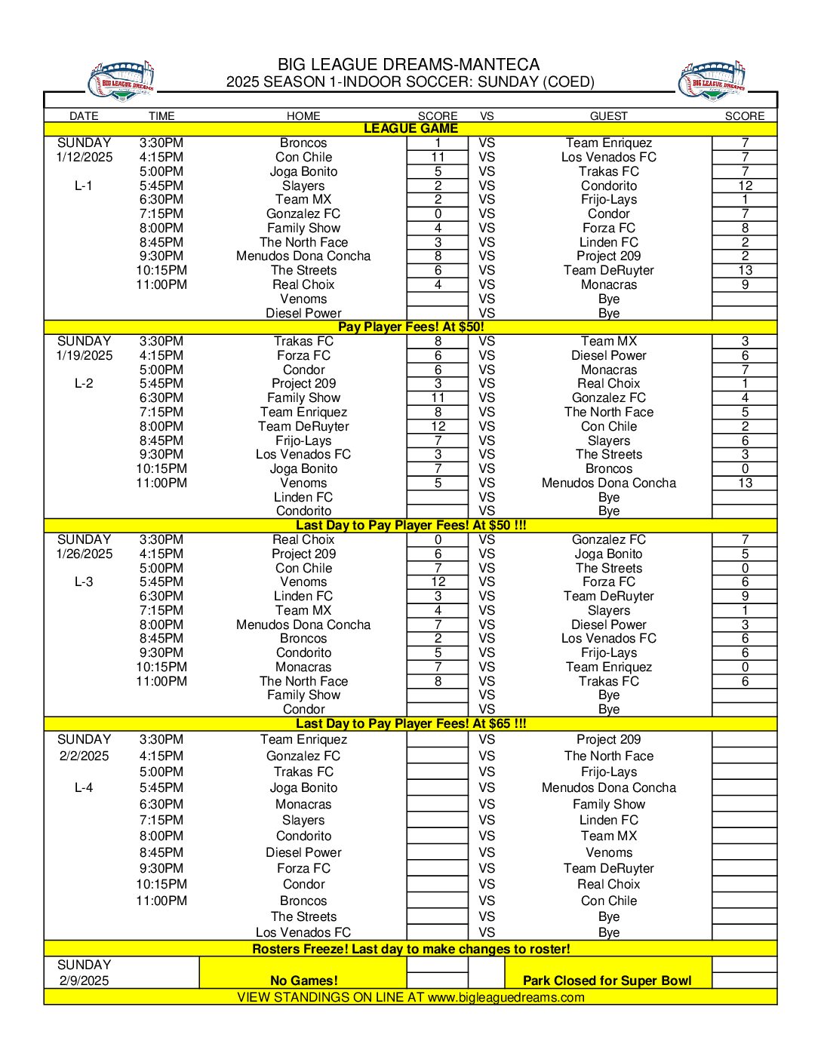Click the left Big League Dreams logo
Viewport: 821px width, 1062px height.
[121, 81]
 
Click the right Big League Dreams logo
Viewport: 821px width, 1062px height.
[713, 81]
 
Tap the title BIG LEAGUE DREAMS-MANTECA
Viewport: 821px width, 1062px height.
[408, 65]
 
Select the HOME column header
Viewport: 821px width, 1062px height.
[303, 116]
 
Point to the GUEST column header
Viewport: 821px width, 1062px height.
[608, 116]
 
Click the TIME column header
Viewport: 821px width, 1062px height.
[161, 116]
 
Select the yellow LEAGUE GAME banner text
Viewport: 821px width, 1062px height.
[410, 129]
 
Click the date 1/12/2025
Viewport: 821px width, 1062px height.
[85, 158]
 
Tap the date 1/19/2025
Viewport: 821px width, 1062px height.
[85, 356]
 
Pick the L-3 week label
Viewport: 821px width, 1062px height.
[84, 582]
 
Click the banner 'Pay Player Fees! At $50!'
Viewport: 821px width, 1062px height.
[410, 327]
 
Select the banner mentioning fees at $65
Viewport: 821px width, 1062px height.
[410, 724]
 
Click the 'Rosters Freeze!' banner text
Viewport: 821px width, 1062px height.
[410, 949]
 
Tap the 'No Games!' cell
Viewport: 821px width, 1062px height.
[303, 981]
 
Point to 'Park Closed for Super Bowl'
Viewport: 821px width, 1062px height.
[607, 981]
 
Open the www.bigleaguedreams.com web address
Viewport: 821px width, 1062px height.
[506, 998]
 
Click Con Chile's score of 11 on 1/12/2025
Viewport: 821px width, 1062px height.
[438, 158]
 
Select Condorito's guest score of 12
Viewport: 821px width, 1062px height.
[745, 186]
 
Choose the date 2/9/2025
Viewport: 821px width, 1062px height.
[85, 981]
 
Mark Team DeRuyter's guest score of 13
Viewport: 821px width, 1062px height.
[745, 271]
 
